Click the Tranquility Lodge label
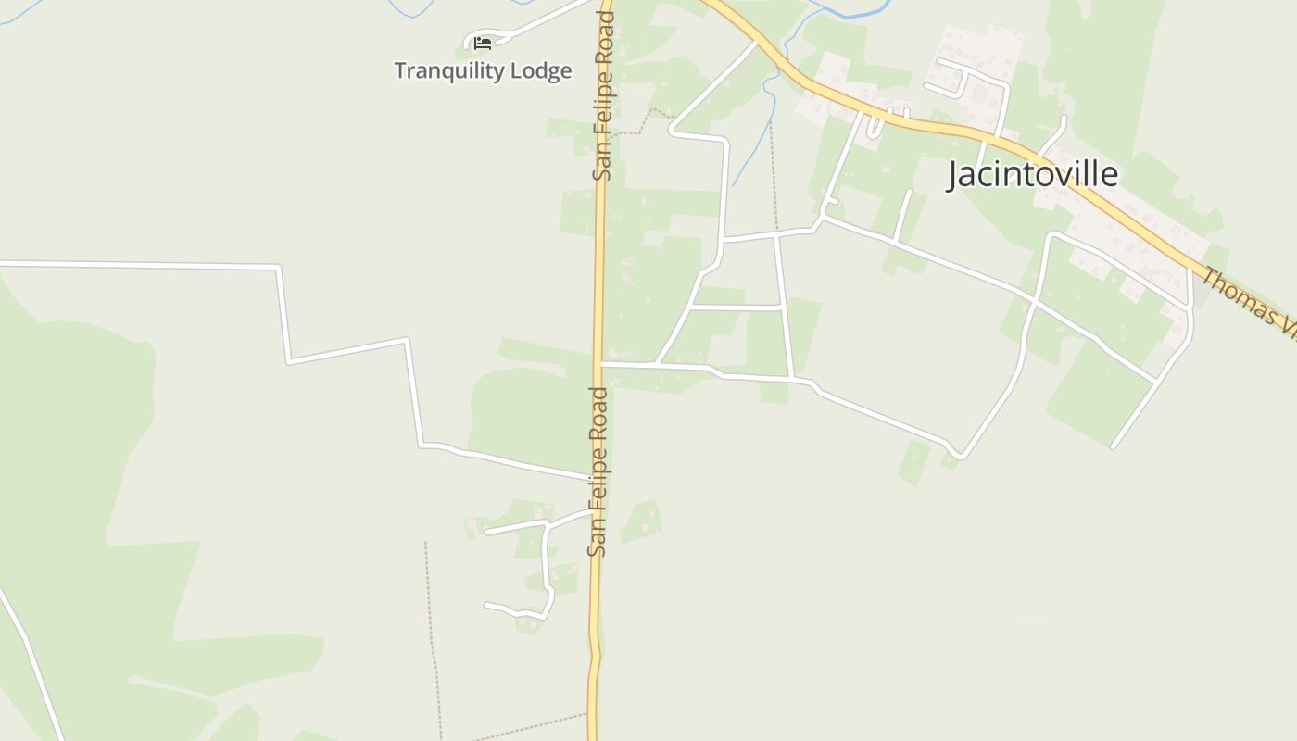pos(483,70)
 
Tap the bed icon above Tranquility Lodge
pos(482,43)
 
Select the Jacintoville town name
pos(1032,174)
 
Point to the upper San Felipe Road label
pos(604,95)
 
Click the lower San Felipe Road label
pos(598,471)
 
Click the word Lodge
pos(540,71)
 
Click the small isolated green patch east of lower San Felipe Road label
pos(641,521)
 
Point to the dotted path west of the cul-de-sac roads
pos(431,630)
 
